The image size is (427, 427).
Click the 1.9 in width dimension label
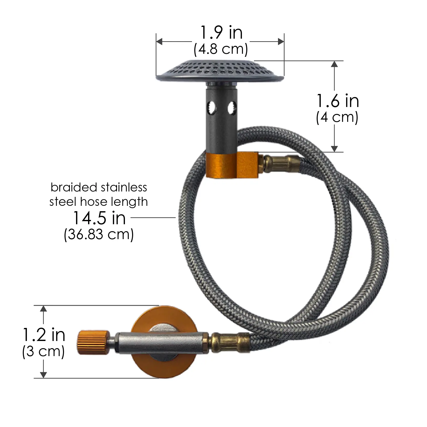click(221, 33)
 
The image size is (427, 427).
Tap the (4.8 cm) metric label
click(221, 49)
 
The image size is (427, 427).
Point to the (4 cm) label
click(337, 118)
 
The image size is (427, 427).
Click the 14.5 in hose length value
click(100, 218)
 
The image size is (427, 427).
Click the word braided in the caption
click(74, 187)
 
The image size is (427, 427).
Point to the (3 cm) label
click(43, 351)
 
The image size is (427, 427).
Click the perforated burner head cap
click(220, 71)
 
